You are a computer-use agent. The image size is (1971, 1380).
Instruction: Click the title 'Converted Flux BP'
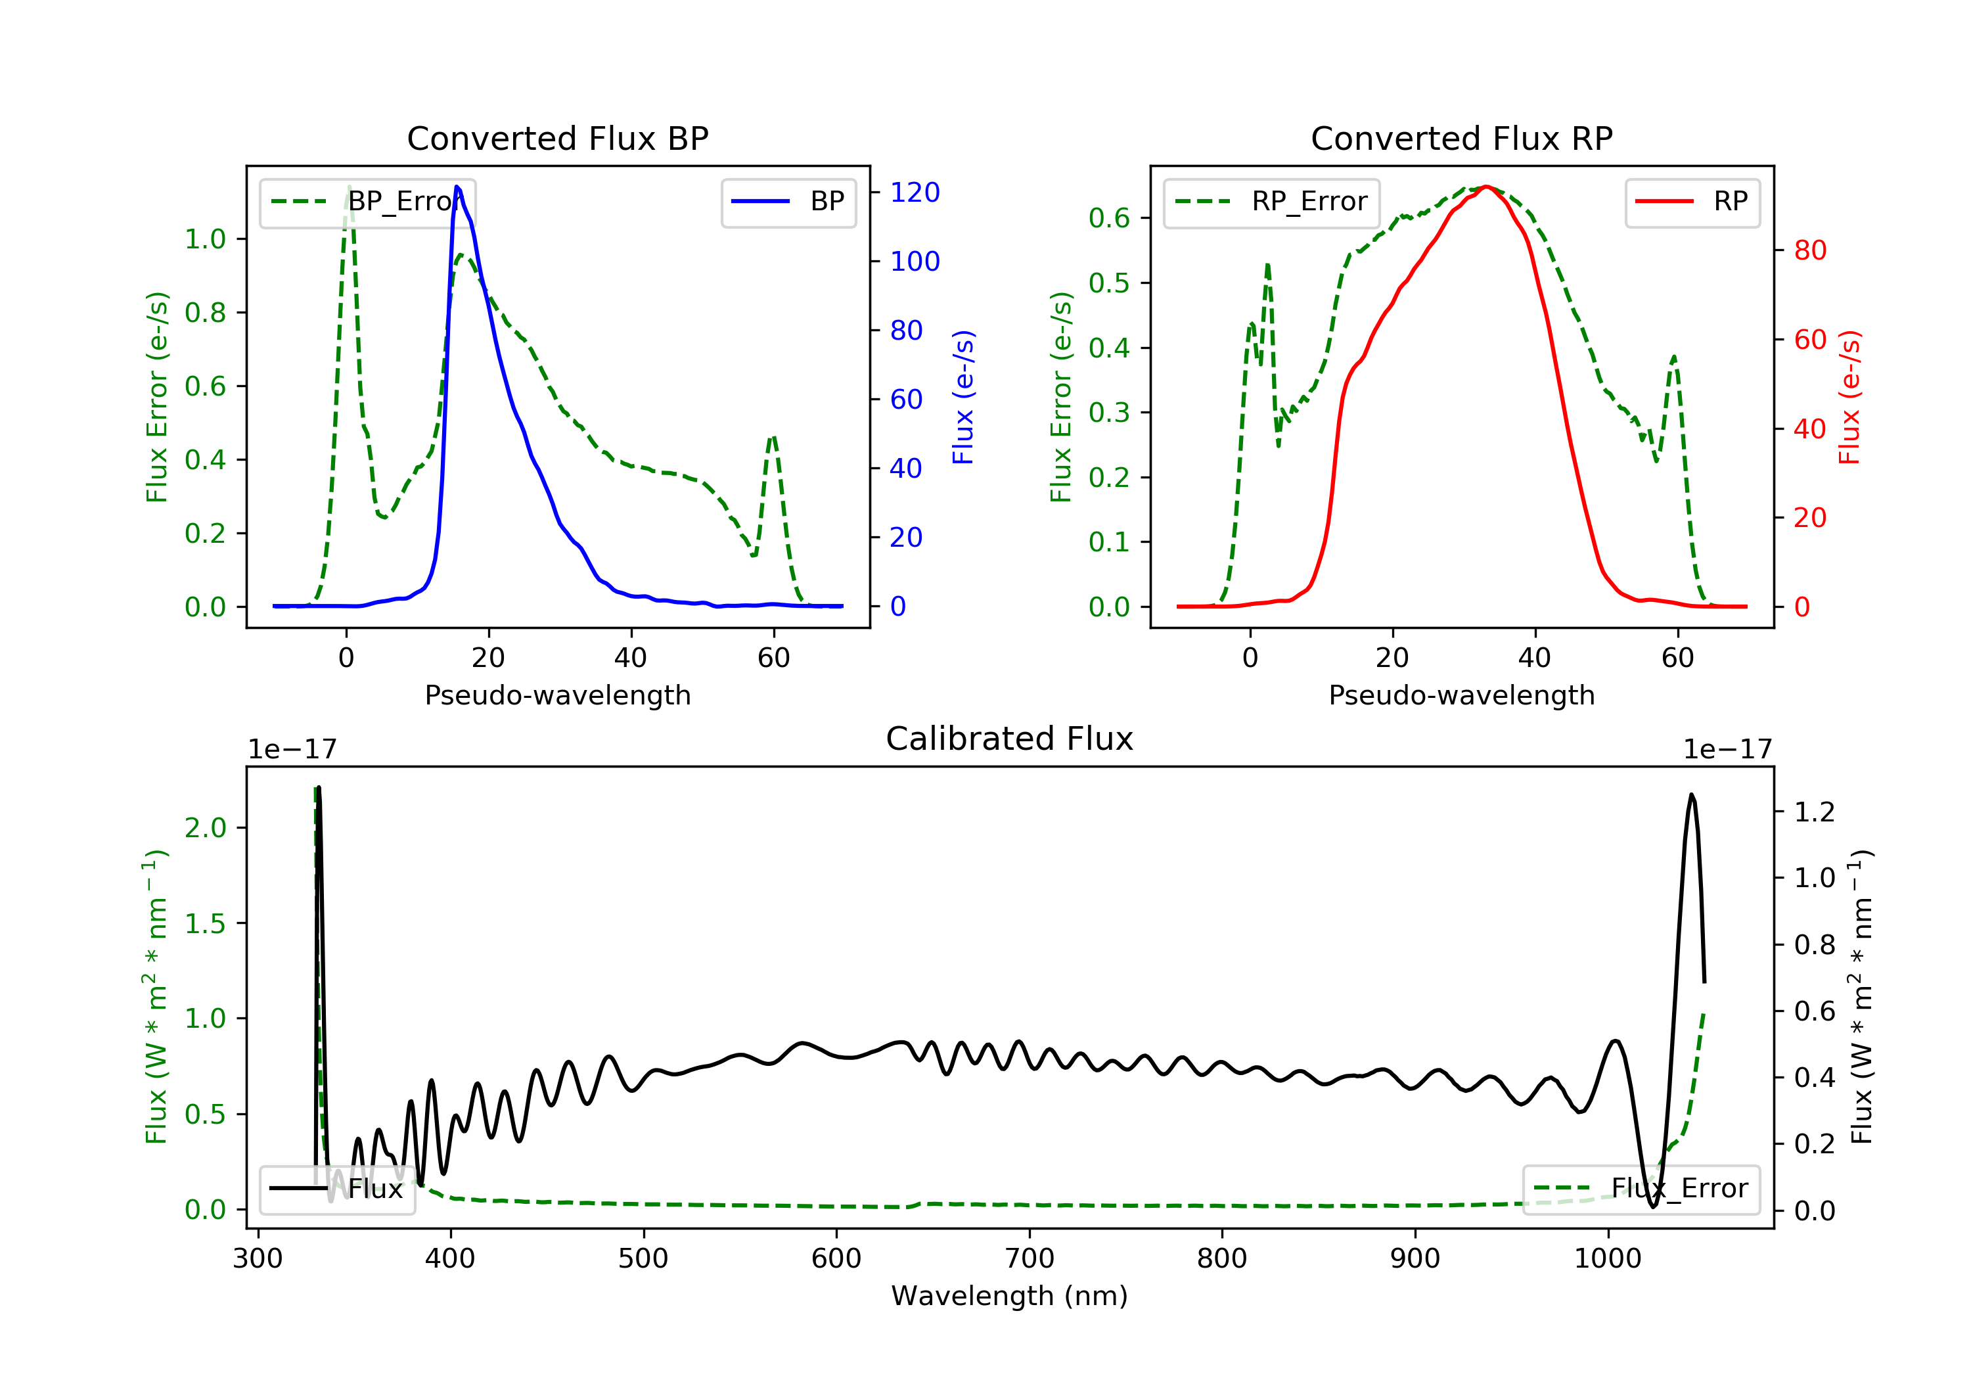coord(557,138)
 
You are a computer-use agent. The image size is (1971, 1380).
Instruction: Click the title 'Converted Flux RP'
coord(1461,138)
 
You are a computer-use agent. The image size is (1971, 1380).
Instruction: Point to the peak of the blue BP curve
coord(457,187)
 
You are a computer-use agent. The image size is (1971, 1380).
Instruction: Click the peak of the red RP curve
coord(1487,187)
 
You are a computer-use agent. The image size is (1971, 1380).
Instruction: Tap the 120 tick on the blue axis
coord(915,193)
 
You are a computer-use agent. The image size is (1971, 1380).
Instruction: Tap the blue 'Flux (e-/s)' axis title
coord(963,397)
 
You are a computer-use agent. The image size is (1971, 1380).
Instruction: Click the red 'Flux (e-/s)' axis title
coord(1849,397)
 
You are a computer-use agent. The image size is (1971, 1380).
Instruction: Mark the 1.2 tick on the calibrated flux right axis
coord(1814,812)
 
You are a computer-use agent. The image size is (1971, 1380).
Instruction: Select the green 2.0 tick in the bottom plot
coord(205,828)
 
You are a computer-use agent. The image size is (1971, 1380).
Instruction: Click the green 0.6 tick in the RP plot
coord(1108,218)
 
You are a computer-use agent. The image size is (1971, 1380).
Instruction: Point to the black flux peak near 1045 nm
coord(1691,795)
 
